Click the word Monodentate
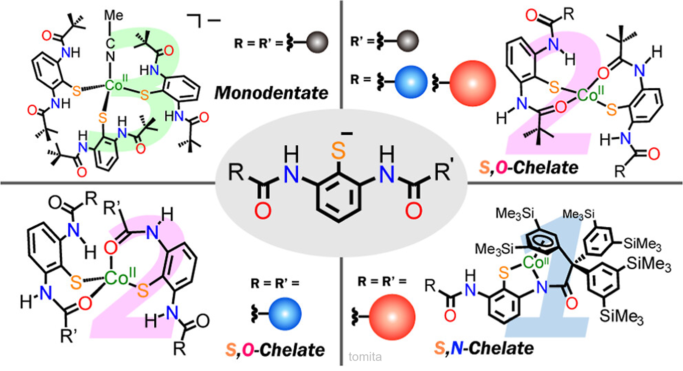click(271, 93)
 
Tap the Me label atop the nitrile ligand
click(114, 15)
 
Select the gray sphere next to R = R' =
click(317, 42)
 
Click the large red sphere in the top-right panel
click(472, 83)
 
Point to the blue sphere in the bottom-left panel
click(285, 314)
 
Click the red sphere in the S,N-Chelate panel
click(392, 317)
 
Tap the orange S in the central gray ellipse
click(338, 151)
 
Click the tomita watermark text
click(365, 357)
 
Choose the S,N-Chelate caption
click(484, 348)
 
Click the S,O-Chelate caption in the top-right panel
click(529, 167)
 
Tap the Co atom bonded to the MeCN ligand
click(114, 86)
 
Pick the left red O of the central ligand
click(263, 211)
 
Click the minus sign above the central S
click(347, 134)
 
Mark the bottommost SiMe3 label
click(621, 316)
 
